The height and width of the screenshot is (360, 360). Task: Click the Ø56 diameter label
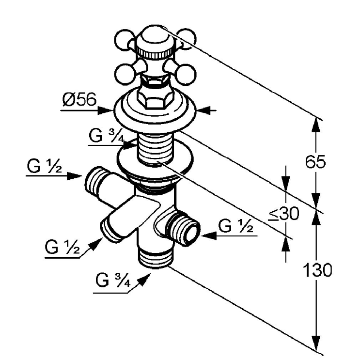tap(79, 100)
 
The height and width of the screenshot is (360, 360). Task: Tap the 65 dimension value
tap(315, 162)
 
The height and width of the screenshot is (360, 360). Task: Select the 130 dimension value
tap(317, 270)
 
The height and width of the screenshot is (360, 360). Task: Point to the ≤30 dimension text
tap(284, 214)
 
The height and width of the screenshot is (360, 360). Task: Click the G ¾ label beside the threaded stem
tap(107, 136)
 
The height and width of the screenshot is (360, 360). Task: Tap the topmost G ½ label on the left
tap(45, 166)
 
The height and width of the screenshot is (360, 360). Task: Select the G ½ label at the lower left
tap(63, 247)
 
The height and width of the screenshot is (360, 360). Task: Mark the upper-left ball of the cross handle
tap(125, 40)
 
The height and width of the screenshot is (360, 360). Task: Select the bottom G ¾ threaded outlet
tap(156, 258)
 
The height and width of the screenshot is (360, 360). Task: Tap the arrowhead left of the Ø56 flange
tap(106, 110)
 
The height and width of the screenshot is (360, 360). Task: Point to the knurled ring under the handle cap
tap(156, 54)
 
